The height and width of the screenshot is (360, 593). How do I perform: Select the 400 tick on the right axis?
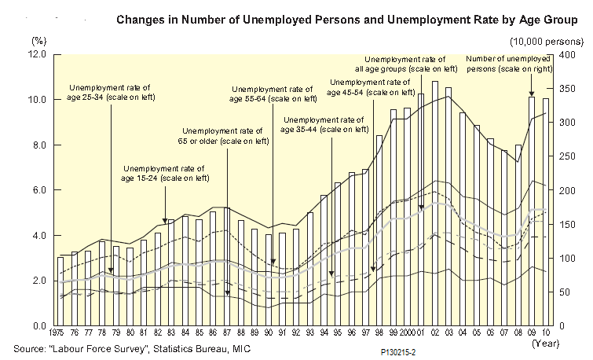(562, 54)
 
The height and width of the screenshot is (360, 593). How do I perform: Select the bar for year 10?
(546, 212)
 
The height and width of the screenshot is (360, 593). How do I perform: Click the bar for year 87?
(226, 267)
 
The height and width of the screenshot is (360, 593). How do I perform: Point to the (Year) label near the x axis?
(545, 343)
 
